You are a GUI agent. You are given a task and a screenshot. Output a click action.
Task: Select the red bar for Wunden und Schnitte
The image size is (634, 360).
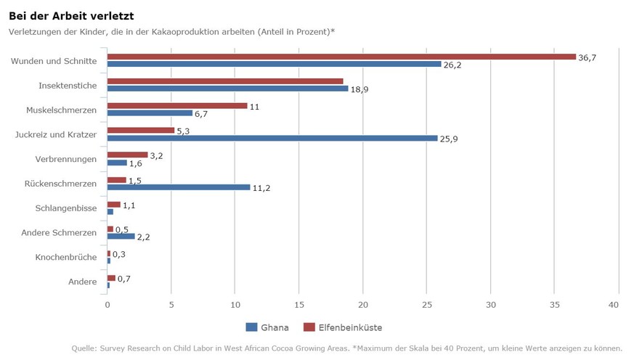tap(341, 57)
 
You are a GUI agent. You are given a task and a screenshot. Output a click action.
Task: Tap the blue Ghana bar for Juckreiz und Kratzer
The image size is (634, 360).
tap(272, 138)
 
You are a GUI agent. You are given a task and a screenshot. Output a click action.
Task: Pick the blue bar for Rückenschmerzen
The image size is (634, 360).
tap(179, 187)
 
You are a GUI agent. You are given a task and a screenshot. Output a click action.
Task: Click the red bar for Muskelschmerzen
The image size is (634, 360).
tap(177, 106)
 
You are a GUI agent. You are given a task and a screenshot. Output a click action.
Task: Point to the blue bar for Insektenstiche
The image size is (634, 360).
tap(227, 89)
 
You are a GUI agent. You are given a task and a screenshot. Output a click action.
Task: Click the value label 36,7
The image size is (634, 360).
tap(587, 57)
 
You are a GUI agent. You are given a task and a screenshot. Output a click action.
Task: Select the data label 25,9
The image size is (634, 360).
tap(449, 139)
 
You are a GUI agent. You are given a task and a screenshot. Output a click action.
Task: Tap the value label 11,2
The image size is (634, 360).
tap(261, 188)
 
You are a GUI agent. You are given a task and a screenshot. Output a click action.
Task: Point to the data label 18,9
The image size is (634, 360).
tap(359, 89)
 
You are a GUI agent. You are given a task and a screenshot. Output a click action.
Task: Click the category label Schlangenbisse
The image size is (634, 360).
tap(66, 208)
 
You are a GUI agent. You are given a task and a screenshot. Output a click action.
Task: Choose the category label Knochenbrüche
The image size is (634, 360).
tap(66, 258)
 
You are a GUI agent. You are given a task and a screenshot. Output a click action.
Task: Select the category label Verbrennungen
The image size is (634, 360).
tap(66, 159)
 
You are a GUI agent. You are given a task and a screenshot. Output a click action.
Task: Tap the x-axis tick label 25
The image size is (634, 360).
tap(427, 306)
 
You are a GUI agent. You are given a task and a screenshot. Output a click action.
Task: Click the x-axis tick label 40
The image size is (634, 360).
tap(618, 306)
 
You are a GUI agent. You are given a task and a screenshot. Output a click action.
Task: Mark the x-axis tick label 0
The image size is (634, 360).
tap(107, 306)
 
